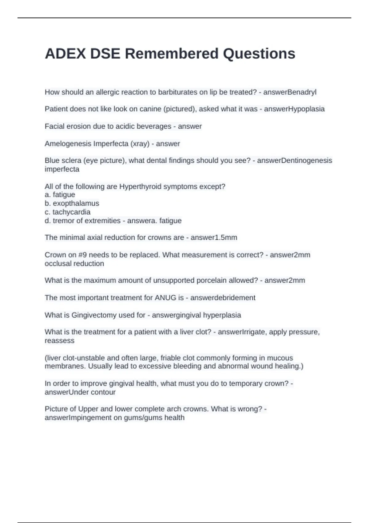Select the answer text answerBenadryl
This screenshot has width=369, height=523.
pyautogui.click(x=290, y=92)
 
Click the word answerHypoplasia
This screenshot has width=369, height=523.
pyautogui.click(x=294, y=109)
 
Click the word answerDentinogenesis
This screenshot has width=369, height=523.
pyautogui.click(x=295, y=161)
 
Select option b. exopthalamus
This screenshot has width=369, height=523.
pyautogui.click(x=72, y=203)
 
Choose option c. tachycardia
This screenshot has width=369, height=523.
pyautogui.click(x=68, y=212)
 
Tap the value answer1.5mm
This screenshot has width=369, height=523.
pyautogui.click(x=214, y=238)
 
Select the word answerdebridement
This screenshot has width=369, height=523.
pyautogui.click(x=223, y=298)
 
